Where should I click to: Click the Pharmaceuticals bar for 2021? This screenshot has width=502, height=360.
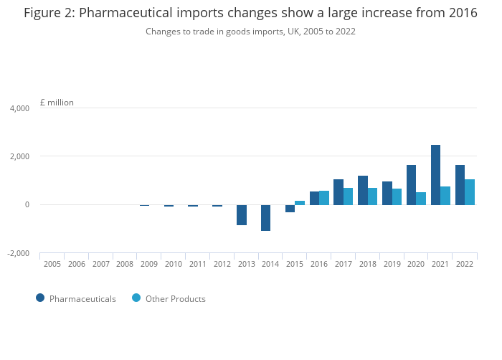(x=435, y=175)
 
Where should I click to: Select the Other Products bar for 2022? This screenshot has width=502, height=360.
(x=470, y=192)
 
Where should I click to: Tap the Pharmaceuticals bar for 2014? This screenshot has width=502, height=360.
(x=265, y=217)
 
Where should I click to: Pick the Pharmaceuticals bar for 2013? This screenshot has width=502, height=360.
(x=242, y=215)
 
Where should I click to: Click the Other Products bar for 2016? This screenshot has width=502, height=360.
(x=324, y=198)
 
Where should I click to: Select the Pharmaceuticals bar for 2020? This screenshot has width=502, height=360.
(x=411, y=185)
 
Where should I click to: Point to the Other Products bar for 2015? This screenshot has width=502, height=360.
(x=300, y=203)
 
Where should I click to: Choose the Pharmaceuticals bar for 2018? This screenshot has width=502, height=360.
(x=363, y=190)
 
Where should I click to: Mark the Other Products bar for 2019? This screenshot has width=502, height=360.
(x=397, y=196)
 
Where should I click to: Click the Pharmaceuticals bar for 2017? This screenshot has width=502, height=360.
(x=338, y=192)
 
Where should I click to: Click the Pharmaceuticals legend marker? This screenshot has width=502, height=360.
(x=40, y=298)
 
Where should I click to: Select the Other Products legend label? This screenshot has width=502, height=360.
(x=175, y=299)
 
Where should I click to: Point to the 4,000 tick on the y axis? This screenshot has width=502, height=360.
(x=19, y=108)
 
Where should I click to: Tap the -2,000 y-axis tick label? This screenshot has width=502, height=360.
(x=18, y=253)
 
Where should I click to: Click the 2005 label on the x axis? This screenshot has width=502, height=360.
(x=52, y=265)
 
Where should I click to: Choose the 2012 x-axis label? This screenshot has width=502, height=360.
(x=222, y=265)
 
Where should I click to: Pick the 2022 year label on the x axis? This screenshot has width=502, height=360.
(x=464, y=265)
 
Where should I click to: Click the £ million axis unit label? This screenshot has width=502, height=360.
(x=57, y=103)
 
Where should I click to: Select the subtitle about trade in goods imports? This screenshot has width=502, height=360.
(x=250, y=32)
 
